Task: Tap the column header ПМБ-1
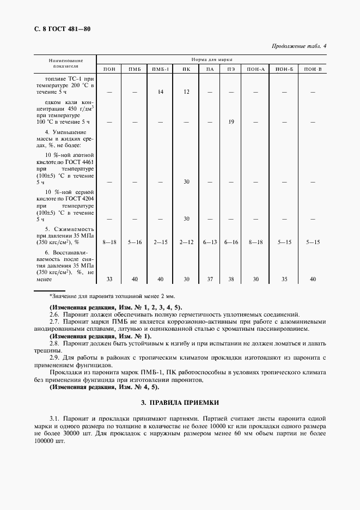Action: (x=161, y=69)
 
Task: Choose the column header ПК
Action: (x=186, y=69)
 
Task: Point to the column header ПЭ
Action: (x=231, y=69)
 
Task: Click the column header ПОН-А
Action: (x=255, y=69)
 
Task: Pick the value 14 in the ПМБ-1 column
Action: (x=161, y=92)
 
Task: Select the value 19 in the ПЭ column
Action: (x=231, y=122)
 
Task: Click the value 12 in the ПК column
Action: (x=186, y=92)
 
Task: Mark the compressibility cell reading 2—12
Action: (x=186, y=242)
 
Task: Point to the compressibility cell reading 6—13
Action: (x=210, y=242)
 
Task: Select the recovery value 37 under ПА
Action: (x=210, y=279)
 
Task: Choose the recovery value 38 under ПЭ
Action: (x=231, y=279)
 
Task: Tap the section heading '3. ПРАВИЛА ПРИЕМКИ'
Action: (x=180, y=403)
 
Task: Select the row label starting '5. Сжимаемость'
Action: (x=65, y=229)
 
